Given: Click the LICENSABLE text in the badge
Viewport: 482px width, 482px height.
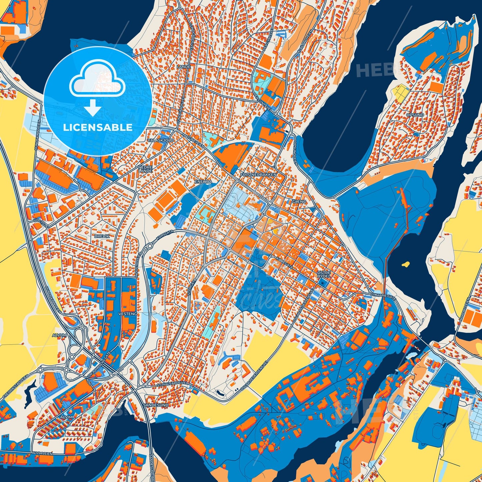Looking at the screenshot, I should point(97,127).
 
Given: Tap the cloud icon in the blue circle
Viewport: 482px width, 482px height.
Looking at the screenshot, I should point(97,81).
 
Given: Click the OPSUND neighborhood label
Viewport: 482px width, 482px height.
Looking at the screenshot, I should point(415,115).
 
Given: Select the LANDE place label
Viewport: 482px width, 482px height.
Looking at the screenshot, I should point(184,67).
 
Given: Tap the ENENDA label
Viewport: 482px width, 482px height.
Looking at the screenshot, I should point(203,182).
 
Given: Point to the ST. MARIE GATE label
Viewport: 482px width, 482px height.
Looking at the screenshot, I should point(383,296).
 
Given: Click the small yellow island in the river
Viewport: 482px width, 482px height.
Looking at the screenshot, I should point(406,265).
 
